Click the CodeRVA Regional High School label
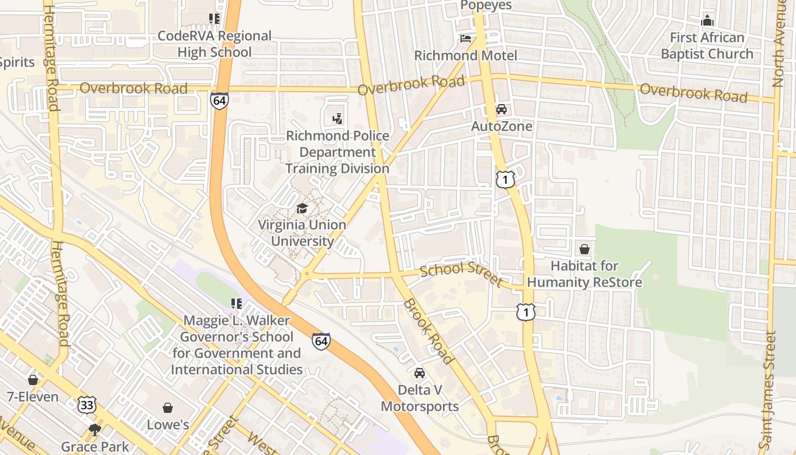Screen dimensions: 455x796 pos(214,44)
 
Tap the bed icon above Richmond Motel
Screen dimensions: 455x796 pos(466,39)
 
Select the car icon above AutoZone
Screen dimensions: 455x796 pos(501,109)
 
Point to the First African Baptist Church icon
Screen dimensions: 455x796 pos(707,20)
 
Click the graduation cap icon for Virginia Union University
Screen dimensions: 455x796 pos(302,209)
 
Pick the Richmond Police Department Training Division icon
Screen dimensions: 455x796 pos(338,119)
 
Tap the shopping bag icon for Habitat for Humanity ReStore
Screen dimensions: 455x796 pos(584,249)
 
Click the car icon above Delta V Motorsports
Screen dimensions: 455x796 pos(420,373)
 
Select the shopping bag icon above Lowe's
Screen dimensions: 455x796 pos(168,408)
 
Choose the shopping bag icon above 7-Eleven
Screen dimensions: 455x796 pos(33,379)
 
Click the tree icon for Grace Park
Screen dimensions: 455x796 pos(94,429)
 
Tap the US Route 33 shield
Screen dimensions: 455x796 pos(88,405)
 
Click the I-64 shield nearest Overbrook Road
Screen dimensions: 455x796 pos(219,101)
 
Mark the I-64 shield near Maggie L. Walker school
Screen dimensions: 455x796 pos(321,341)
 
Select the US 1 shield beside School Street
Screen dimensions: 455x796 pos(526,312)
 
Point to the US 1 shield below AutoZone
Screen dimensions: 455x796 pos(505,180)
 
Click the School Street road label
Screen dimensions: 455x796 pos(461,274)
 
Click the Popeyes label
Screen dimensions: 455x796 pos(486,6)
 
